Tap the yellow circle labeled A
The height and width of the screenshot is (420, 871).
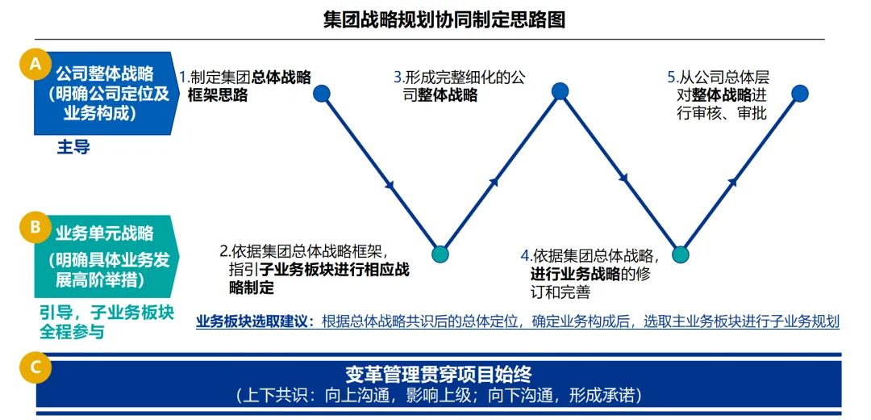(x=35, y=65)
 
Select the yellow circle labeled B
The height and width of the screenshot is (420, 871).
(x=35, y=228)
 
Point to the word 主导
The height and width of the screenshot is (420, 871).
(x=73, y=147)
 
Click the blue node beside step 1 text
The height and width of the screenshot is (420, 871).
(x=322, y=94)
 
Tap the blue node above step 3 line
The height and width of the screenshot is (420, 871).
(x=561, y=92)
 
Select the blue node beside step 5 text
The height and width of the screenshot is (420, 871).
(x=799, y=93)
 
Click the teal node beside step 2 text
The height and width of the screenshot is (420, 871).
(x=440, y=254)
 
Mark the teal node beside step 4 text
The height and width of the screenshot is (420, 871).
(x=681, y=254)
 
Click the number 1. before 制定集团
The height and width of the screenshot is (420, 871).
(x=184, y=78)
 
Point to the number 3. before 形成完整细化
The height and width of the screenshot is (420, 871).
(x=398, y=78)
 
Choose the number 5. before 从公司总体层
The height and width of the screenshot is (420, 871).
(x=672, y=78)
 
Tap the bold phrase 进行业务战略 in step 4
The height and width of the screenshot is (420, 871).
(x=574, y=275)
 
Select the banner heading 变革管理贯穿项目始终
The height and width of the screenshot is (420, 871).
(x=439, y=375)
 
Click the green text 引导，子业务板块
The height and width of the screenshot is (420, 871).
(x=106, y=313)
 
